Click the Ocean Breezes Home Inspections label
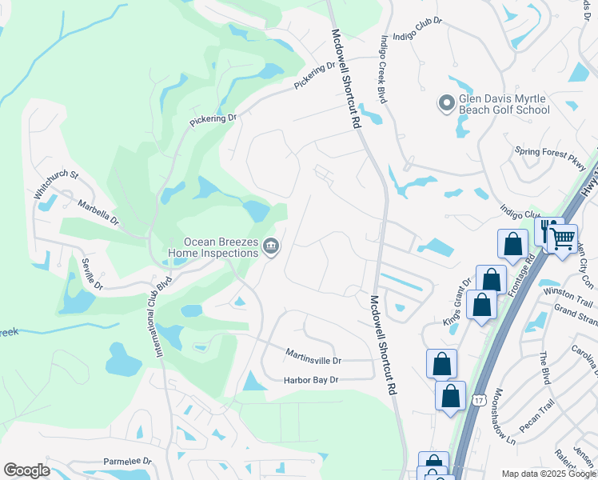click(x=213, y=247)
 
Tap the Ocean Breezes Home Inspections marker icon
click(x=271, y=246)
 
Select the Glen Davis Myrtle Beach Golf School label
click(x=504, y=104)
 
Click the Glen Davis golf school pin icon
click(x=446, y=102)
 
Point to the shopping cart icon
click(x=563, y=237)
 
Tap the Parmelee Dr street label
click(x=127, y=462)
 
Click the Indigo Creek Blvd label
click(x=385, y=68)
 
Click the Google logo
click(x=26, y=470)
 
